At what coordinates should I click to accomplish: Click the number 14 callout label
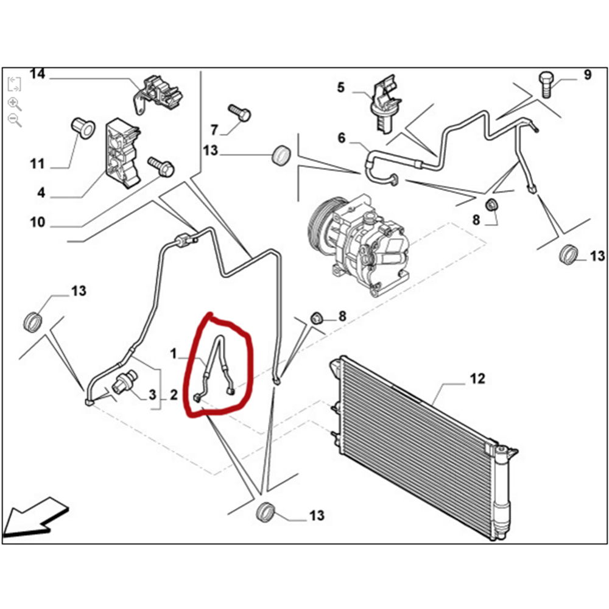(38, 74)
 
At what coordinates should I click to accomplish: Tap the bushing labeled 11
(81, 127)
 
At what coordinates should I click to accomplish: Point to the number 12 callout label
(477, 379)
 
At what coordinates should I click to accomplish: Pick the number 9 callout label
(587, 75)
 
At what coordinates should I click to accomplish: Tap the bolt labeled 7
(239, 113)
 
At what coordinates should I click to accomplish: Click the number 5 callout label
(341, 88)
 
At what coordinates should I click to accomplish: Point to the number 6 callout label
(341, 138)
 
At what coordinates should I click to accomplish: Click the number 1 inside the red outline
(173, 353)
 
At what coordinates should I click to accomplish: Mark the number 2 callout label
(173, 396)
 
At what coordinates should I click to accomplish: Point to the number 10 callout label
(38, 222)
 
